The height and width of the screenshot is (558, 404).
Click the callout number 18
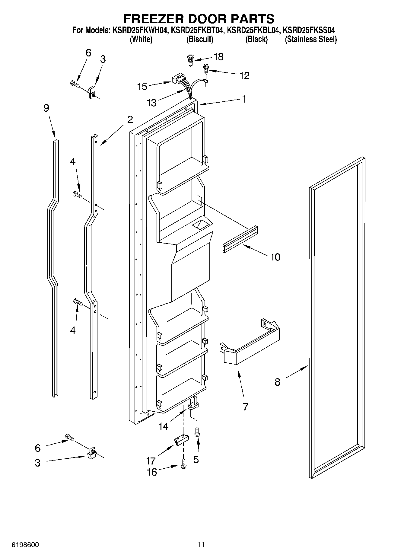pos(218,57)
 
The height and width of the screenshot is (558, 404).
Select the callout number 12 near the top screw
pos(244,75)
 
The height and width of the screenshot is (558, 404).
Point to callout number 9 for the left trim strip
pos(46,108)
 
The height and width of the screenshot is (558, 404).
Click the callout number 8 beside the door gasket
pos(277,382)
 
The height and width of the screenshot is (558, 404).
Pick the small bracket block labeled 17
pos(180,440)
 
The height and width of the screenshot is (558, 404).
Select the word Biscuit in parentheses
pos(200,39)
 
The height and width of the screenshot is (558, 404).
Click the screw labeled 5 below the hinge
pos(197,432)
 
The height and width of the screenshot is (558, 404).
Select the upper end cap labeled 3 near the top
pos(92,91)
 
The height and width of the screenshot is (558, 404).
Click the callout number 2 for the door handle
pos(130,120)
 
